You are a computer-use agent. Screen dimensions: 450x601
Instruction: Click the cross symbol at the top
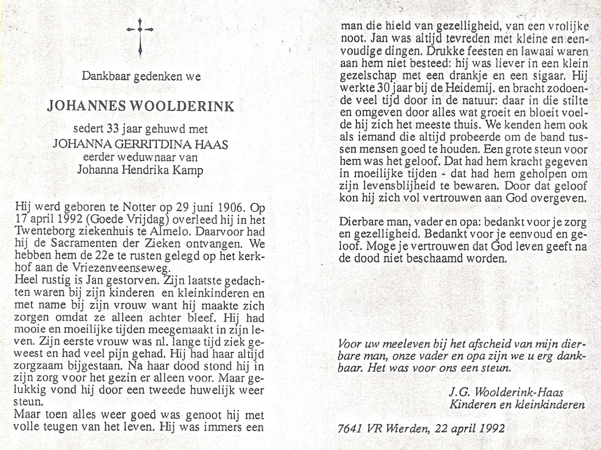coord(140,37)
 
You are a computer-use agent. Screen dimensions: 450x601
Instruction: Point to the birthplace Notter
coord(132,207)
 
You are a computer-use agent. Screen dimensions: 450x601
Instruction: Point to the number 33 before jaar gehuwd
coord(113,129)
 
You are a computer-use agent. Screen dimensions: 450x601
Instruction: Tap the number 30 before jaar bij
coord(382,88)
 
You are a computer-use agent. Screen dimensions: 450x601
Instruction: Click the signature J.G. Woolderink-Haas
coord(506,392)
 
